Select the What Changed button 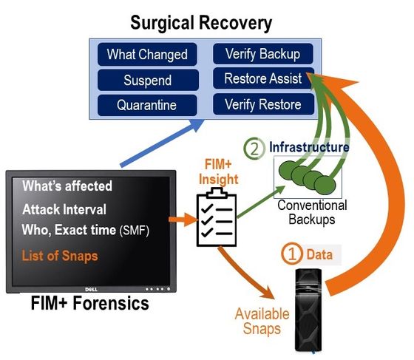pyautogui.click(x=147, y=55)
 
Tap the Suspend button pyautogui.click(x=147, y=80)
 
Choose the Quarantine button pyautogui.click(x=147, y=105)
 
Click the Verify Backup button pyautogui.click(x=263, y=53)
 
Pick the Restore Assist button pyautogui.click(x=263, y=78)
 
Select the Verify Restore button pyautogui.click(x=263, y=104)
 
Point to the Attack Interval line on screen pyautogui.click(x=64, y=209)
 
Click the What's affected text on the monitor pyautogui.click(x=67, y=186)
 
